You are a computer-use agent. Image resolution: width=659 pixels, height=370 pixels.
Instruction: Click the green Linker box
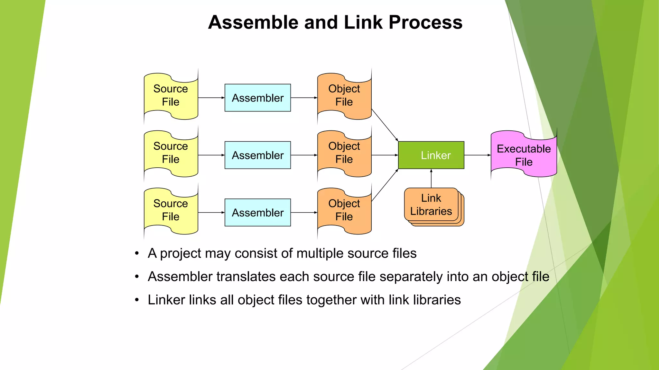pyautogui.click(x=431, y=155)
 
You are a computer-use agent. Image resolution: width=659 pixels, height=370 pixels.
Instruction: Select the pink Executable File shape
pyautogui.click(x=524, y=155)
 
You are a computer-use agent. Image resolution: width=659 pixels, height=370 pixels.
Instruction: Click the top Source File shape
pyautogui.click(x=171, y=96)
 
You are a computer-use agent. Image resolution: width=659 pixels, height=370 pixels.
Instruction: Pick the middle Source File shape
pyautogui.click(x=171, y=153)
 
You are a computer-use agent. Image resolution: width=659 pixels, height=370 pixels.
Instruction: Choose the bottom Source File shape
pyautogui.click(x=171, y=210)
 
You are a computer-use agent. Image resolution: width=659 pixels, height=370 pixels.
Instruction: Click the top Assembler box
pyautogui.click(x=257, y=98)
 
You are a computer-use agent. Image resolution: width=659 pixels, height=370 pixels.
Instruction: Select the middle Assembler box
pyautogui.click(x=257, y=155)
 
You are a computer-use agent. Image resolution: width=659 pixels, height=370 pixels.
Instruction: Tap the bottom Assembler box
pyautogui.click(x=257, y=213)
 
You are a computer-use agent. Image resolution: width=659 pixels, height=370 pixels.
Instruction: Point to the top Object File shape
pyautogui.click(x=344, y=96)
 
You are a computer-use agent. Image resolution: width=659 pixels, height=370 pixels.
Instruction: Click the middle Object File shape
pyautogui.click(x=344, y=153)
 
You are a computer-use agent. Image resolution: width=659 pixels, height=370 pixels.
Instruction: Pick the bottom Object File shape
pyautogui.click(x=344, y=210)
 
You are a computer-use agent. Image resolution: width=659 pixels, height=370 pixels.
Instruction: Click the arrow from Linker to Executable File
pyautogui.click(x=477, y=155)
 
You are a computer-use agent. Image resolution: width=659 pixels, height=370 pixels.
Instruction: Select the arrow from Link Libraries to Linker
pyautogui.click(x=431, y=179)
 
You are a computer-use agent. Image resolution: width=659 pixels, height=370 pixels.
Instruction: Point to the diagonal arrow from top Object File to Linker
pyautogui.click(x=385, y=125)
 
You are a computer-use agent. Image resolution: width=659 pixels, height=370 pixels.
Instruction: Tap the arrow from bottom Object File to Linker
pyautogui.click(x=385, y=185)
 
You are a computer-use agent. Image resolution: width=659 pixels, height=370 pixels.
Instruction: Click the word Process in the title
pyautogui.click(x=425, y=22)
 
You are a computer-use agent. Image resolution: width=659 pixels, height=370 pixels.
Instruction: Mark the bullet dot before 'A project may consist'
pyautogui.click(x=137, y=253)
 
